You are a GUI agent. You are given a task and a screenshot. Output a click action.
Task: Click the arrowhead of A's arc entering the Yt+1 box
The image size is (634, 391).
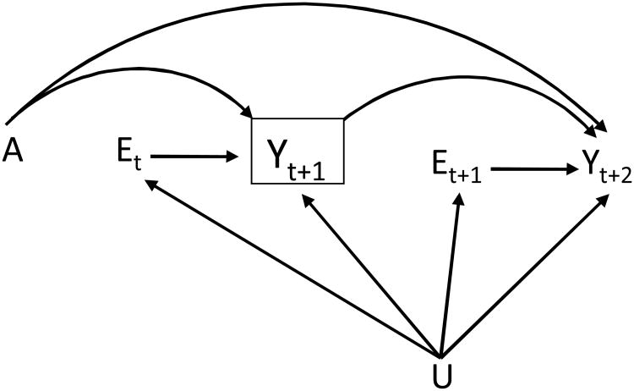point(246,112)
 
